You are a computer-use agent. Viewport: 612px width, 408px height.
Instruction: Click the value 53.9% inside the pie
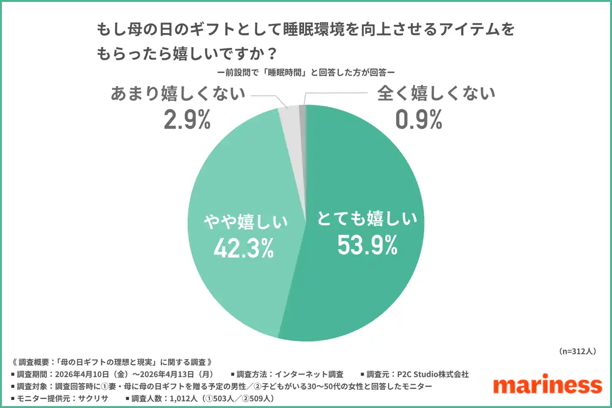(367, 245)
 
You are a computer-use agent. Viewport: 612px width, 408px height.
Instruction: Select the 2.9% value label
(187, 120)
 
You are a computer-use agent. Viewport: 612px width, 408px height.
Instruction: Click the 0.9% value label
(419, 120)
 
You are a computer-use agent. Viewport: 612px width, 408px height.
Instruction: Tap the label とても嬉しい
(367, 220)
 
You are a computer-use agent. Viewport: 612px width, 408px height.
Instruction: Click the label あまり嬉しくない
(178, 94)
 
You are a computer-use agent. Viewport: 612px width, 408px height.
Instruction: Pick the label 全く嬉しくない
(436, 94)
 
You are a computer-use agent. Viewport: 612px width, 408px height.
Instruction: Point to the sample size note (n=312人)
(577, 351)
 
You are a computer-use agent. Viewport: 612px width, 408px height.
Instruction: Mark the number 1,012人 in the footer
(181, 398)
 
